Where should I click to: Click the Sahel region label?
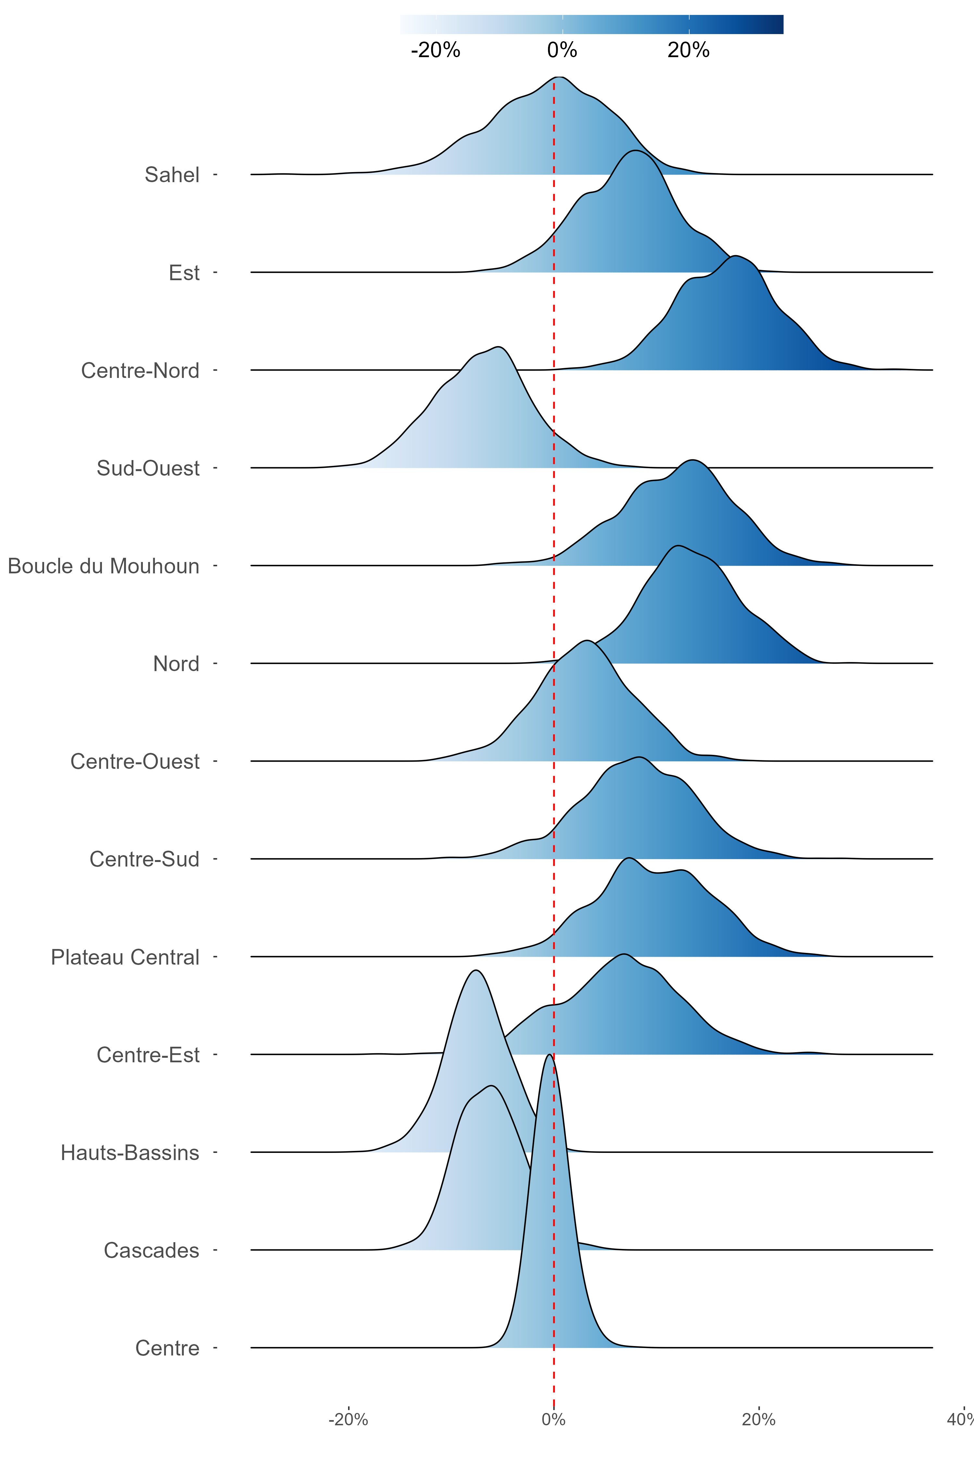[172, 175]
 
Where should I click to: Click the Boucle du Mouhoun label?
[104, 566]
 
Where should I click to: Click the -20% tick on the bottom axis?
[348, 1419]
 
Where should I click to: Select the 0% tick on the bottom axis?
[554, 1419]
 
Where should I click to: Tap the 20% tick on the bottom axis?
[758, 1419]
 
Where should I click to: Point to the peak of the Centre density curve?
[549, 1055]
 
